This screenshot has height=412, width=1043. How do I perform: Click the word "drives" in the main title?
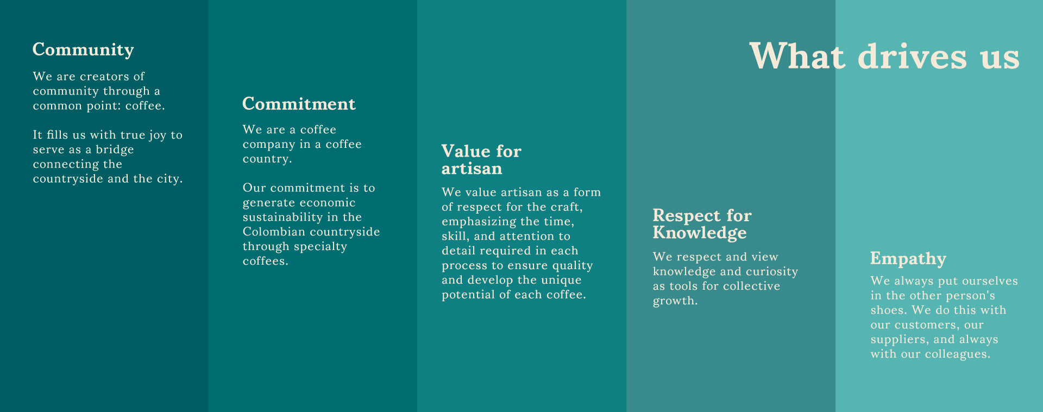click(x=913, y=56)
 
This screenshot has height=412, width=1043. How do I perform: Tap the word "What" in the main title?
click(x=797, y=56)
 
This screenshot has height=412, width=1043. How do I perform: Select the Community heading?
click(x=83, y=50)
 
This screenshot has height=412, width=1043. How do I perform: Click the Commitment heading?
click(x=299, y=104)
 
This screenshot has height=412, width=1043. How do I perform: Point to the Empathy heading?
click(x=908, y=259)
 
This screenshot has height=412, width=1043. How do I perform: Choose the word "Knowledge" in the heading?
click(x=700, y=233)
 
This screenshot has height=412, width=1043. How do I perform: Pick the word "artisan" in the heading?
click(x=472, y=168)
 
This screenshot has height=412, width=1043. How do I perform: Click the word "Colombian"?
click(x=274, y=232)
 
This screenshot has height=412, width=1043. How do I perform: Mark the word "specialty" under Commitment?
click(x=321, y=247)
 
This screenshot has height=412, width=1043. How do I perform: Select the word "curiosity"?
click(x=772, y=272)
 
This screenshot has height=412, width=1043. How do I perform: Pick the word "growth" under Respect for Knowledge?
click(x=674, y=301)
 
